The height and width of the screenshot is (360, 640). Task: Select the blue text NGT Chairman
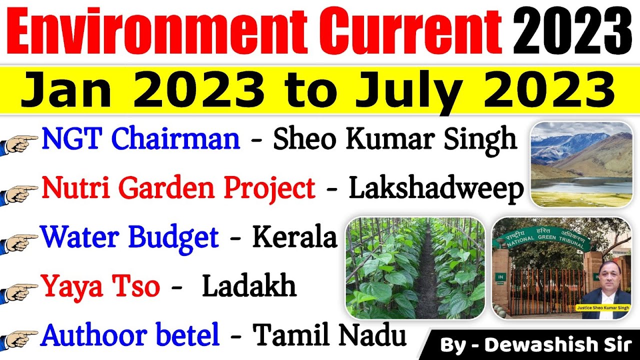[x=140, y=138]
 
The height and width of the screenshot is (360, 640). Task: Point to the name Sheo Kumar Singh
[x=394, y=139]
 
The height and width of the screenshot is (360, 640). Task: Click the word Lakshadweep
[x=436, y=188]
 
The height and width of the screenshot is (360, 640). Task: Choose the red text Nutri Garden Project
[x=178, y=188]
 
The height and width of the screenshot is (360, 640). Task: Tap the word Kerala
[x=294, y=237]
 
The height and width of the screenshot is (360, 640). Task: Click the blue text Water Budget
[x=130, y=237]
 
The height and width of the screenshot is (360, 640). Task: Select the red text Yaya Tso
[x=100, y=286]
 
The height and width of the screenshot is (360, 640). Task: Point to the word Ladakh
[x=248, y=286]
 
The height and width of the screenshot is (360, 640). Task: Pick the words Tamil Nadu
[x=329, y=335]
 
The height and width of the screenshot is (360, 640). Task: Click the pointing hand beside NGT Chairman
[x=20, y=142]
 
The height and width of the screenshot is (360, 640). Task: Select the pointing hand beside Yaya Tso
[x=20, y=290]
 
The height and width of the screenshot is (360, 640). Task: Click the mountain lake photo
[x=581, y=164]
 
